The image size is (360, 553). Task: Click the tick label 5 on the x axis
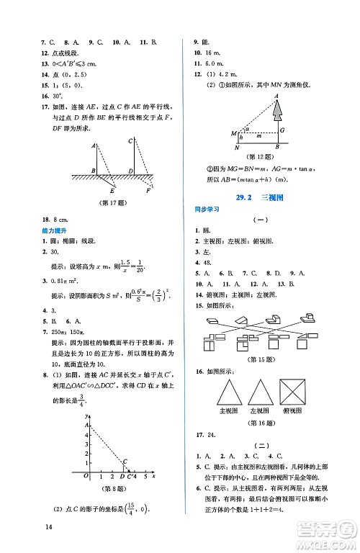[x=145, y=477]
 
